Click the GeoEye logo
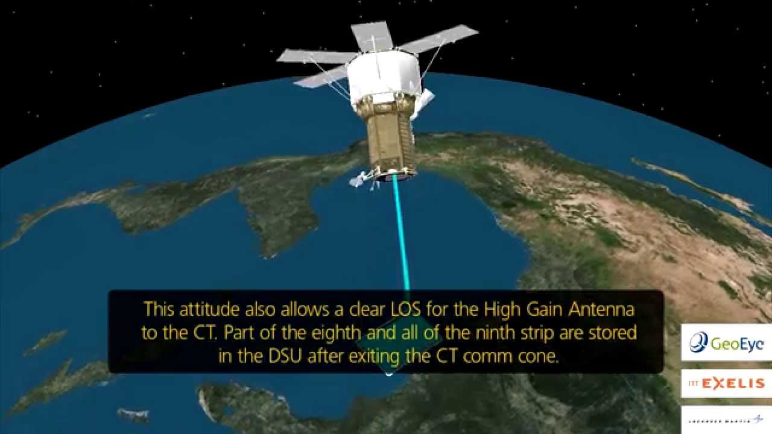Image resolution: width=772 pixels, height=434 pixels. (726, 343)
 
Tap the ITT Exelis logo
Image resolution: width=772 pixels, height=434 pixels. (726, 383)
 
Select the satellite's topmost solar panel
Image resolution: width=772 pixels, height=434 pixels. (372, 36)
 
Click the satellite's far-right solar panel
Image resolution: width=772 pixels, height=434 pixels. (439, 39)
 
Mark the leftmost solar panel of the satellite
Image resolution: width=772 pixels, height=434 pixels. (314, 57)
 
